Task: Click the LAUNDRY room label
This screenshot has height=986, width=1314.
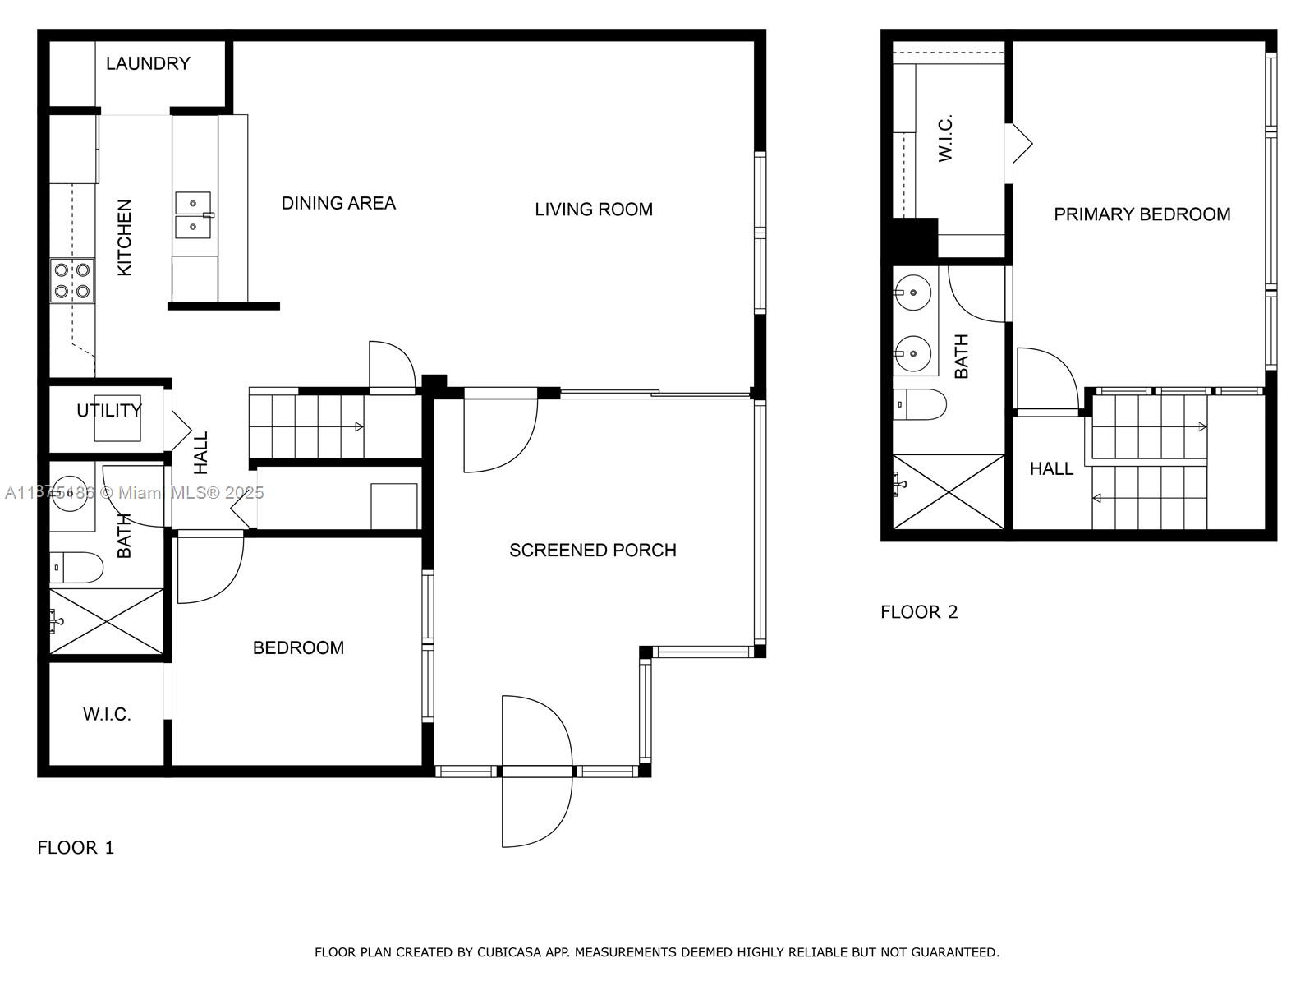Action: (148, 63)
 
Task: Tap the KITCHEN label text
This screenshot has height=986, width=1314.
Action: (124, 237)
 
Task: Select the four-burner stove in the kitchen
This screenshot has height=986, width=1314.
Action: (72, 280)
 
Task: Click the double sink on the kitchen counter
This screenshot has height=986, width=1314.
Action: (193, 215)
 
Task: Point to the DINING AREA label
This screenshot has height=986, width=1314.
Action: (338, 204)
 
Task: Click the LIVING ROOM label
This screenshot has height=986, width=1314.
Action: (593, 210)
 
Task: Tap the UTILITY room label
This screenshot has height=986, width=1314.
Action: (109, 411)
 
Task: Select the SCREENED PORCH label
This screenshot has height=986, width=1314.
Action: (593, 551)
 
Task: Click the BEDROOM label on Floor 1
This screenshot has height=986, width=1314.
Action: (298, 647)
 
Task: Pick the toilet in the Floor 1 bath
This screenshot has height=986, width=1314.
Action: (76, 567)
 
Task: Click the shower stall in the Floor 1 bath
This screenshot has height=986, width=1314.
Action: (107, 621)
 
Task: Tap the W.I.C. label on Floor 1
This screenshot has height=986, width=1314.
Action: (107, 714)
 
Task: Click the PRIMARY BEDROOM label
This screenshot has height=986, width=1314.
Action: (1142, 214)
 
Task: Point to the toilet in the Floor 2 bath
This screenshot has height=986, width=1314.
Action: (920, 405)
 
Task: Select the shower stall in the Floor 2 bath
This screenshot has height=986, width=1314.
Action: (949, 491)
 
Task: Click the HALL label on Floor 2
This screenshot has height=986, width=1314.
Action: (1051, 468)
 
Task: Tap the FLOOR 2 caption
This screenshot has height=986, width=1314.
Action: (919, 612)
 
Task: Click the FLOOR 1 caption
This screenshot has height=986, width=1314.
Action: (76, 848)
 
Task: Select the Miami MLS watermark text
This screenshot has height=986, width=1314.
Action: (134, 493)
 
